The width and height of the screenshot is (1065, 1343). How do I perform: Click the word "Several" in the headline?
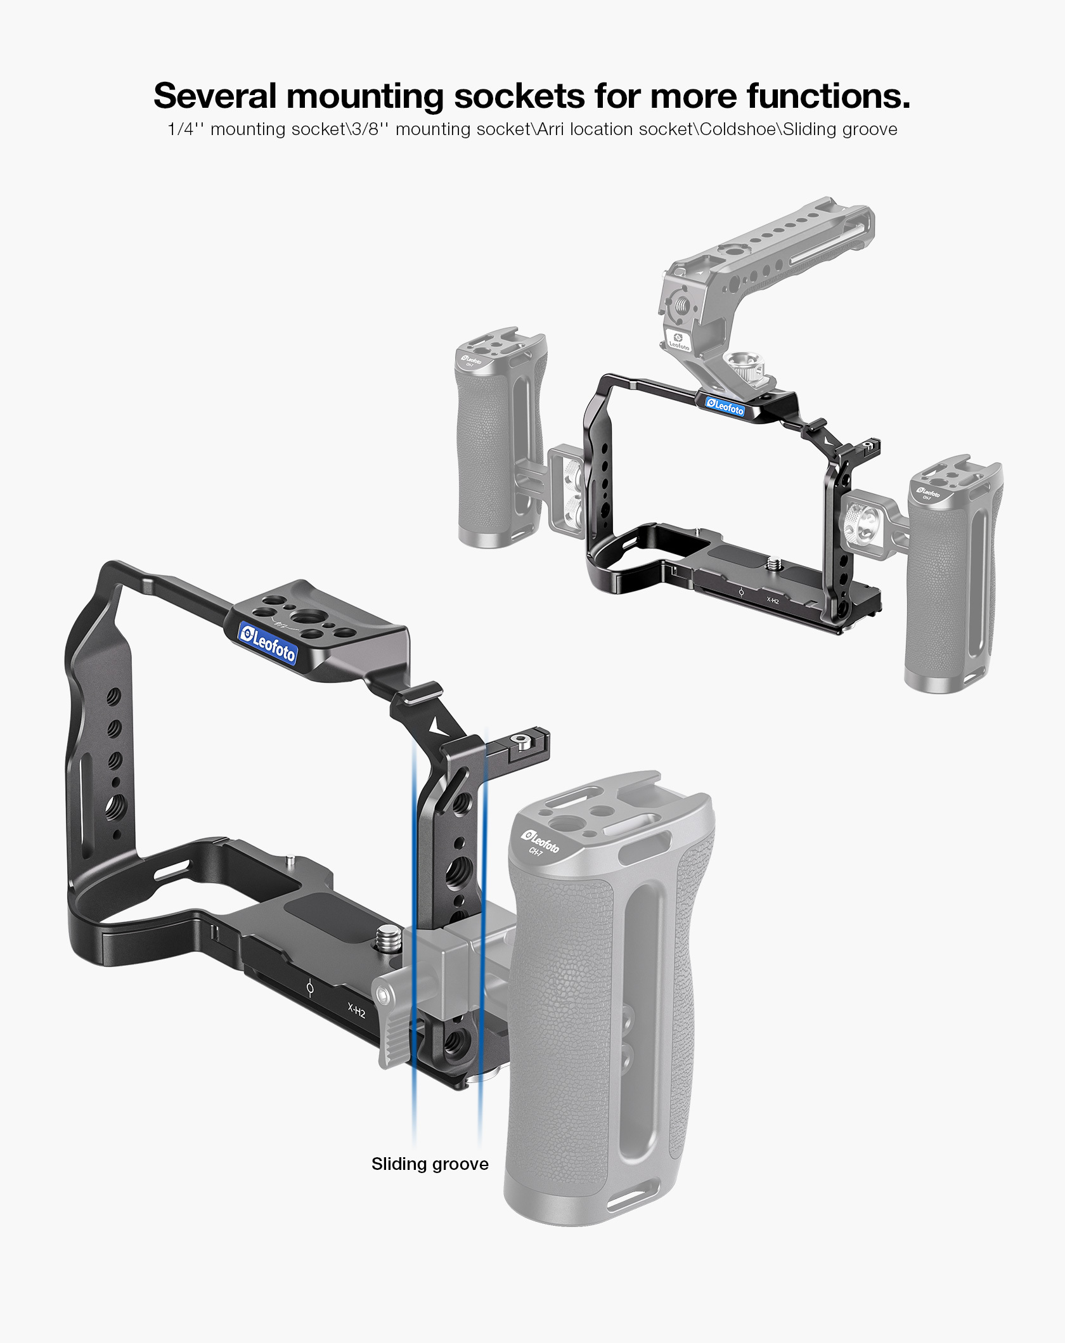coord(215,96)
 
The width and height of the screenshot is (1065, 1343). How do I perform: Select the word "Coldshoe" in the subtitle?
coord(739,129)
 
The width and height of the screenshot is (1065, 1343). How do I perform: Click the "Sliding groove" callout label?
coord(430,1164)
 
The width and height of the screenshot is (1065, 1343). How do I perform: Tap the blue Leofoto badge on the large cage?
coord(268,642)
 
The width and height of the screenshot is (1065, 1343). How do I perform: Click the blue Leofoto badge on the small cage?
coord(725,406)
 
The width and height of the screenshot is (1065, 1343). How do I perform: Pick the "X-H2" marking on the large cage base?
coord(357,1009)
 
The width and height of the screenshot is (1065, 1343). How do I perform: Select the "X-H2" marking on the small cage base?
coord(773,600)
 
